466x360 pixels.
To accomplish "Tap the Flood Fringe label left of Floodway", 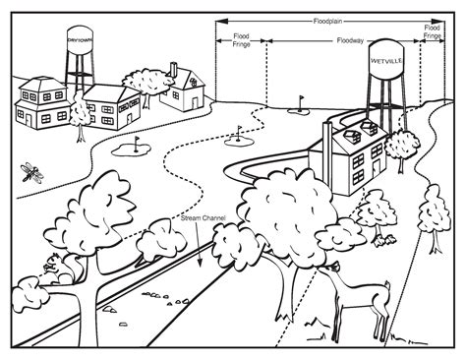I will click(241, 40).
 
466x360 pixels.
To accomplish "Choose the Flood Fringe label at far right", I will click(433, 31).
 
